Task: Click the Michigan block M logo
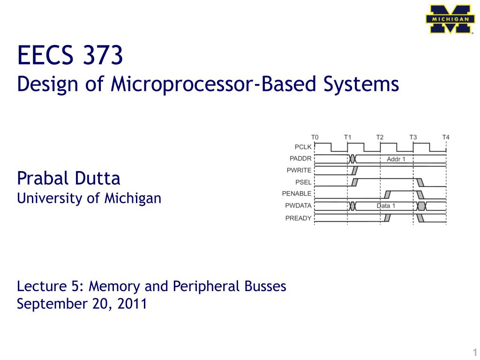450,19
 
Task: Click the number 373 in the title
103,55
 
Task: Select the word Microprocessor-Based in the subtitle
213,83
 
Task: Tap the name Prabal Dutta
68,178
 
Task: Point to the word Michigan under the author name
133,198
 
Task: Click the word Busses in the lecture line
265,286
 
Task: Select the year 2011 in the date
132,304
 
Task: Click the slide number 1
475,352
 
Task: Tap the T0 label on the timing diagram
315,137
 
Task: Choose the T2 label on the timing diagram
380,137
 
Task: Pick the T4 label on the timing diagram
446,137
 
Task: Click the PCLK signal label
303,147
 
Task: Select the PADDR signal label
300,158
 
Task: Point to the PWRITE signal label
299,170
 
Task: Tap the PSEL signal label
303,182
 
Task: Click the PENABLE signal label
297,194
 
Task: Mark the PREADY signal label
299,218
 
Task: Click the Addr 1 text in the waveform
396,159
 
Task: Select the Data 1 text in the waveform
386,206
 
